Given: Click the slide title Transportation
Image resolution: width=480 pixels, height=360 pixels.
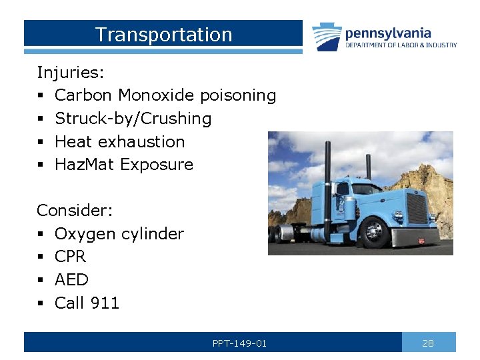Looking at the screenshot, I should coord(163,35).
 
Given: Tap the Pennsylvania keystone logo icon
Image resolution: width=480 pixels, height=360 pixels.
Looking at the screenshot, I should coord(327,37).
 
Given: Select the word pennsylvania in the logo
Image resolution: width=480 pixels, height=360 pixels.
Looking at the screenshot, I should coord(388,33).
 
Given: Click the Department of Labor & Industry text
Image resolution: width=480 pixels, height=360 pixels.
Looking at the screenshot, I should coord(401,45).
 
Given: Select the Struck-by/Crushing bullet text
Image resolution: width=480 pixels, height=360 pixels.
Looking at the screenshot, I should coord(133,119).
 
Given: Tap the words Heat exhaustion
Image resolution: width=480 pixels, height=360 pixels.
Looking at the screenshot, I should coord(119,141).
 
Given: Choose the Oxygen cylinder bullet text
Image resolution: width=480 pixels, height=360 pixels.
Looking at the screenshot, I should coord(119,234).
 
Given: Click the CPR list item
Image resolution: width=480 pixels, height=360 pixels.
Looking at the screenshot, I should coord(70,257).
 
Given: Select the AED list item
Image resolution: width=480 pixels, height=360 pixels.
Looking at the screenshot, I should coord(71,280).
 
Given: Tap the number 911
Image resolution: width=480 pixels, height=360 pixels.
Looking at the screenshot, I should coord(105,303).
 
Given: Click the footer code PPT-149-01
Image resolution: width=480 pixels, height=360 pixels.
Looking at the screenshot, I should coord(239,343).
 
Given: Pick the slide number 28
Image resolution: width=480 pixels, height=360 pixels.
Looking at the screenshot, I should coord(428,343).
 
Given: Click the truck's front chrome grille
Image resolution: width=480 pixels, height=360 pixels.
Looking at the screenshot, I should coord(417,208).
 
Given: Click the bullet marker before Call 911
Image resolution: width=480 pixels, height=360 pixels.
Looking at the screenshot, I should coord(40,303).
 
